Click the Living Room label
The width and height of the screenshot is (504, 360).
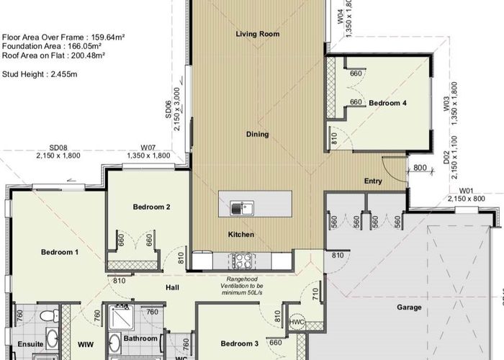coord(257,34)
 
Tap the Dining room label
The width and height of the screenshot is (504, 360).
coord(257,134)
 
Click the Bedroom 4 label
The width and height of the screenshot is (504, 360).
coord(387,103)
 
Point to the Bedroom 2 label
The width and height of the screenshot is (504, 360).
coord(151,207)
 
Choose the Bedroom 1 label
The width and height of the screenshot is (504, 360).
coord(59,252)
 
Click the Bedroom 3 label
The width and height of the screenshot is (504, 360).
coord(239,343)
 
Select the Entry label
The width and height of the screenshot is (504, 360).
coord(373,181)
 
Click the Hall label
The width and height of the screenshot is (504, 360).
coord(172,287)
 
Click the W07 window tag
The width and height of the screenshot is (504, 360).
coord(148,148)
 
